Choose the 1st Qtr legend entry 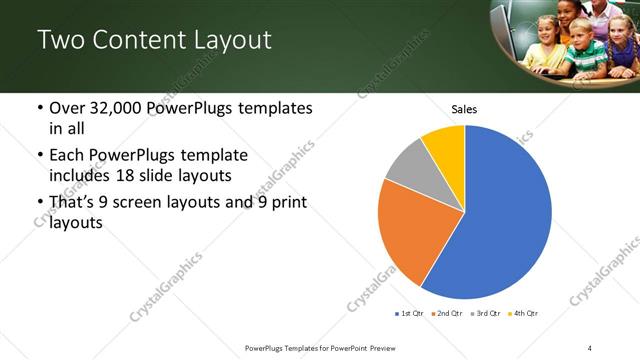(408, 314)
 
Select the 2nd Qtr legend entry (446, 314)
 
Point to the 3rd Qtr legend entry (484, 314)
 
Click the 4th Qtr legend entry (523, 314)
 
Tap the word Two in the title (62, 41)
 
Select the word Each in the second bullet (68, 156)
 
